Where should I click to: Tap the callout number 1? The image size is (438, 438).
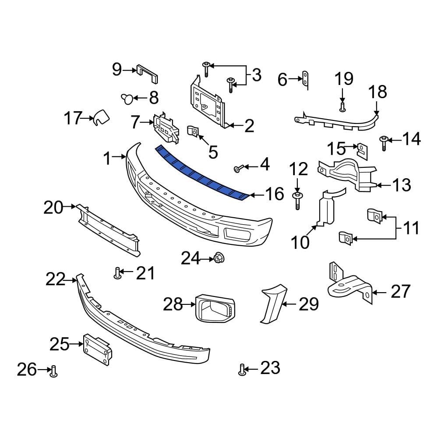click(x=107, y=159)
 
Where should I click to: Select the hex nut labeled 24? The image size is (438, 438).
click(x=219, y=258)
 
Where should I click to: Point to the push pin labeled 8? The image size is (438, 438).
click(x=127, y=99)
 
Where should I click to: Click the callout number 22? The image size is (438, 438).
click(x=56, y=279)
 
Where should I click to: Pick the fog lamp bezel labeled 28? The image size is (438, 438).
click(x=215, y=308)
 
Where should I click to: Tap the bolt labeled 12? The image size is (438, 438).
click(x=297, y=201)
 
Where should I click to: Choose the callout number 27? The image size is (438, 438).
click(x=401, y=291)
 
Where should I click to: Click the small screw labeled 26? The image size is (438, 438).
click(x=53, y=371)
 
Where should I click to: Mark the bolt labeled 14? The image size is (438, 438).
click(x=384, y=143)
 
